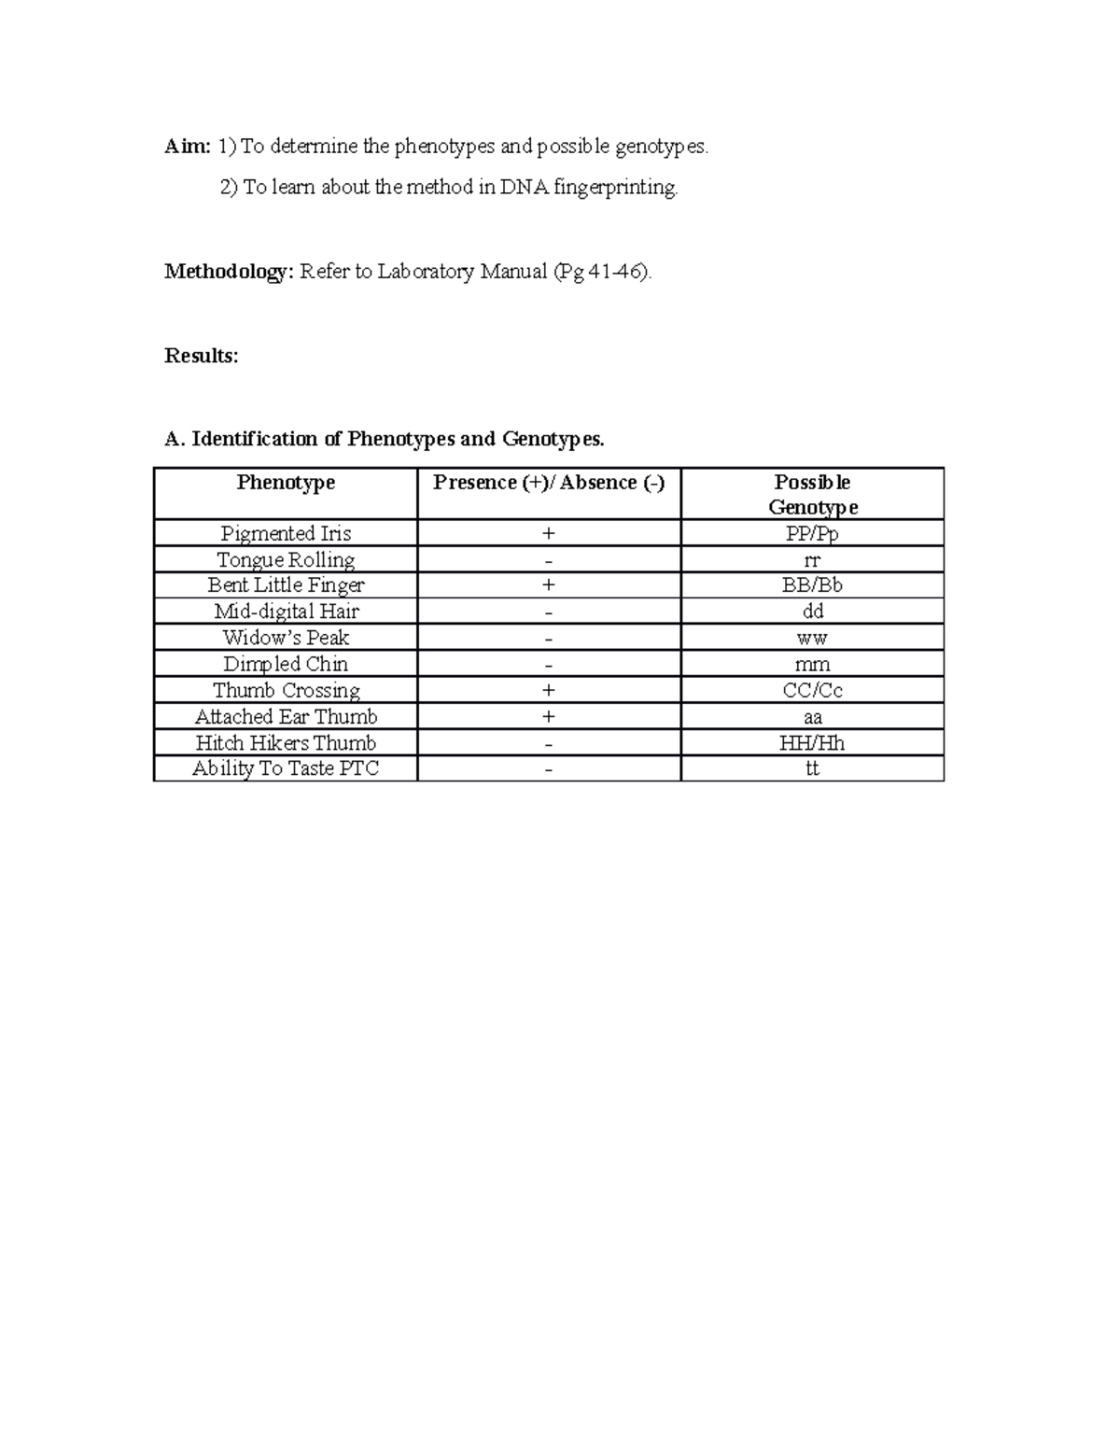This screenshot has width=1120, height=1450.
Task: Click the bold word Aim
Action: pyautogui.click(x=187, y=147)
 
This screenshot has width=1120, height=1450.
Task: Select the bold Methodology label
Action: pyautogui.click(x=229, y=272)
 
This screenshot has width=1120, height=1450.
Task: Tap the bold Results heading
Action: pyautogui.click(x=201, y=356)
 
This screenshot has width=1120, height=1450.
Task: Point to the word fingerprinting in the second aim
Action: pyautogui.click(x=615, y=188)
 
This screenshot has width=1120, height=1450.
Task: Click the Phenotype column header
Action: pyautogui.click(x=286, y=483)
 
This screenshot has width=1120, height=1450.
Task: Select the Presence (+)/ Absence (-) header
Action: pyautogui.click(x=549, y=483)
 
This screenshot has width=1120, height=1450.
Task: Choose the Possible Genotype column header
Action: pyautogui.click(x=812, y=494)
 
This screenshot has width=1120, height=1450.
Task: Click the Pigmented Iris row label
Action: pyautogui.click(x=286, y=533)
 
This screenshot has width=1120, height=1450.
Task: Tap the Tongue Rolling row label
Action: pyautogui.click(x=286, y=560)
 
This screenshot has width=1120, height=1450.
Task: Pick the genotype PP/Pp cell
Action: pyautogui.click(x=812, y=534)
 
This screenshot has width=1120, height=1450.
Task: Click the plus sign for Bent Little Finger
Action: pyautogui.click(x=549, y=585)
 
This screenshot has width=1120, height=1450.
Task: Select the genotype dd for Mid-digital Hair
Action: pyautogui.click(x=812, y=612)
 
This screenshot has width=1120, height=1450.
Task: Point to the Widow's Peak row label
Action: pyautogui.click(x=286, y=638)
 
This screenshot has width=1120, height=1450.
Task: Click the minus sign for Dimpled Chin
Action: pyautogui.click(x=549, y=665)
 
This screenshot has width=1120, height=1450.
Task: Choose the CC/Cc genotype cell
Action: pyautogui.click(x=812, y=691)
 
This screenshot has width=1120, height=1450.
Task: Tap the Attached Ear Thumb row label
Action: pyautogui.click(x=286, y=717)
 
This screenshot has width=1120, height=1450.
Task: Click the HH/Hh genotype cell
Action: pyautogui.click(x=812, y=743)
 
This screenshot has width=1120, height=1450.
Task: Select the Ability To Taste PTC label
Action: pyautogui.click(x=286, y=768)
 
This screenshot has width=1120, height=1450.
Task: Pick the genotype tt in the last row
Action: pyautogui.click(x=812, y=768)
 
